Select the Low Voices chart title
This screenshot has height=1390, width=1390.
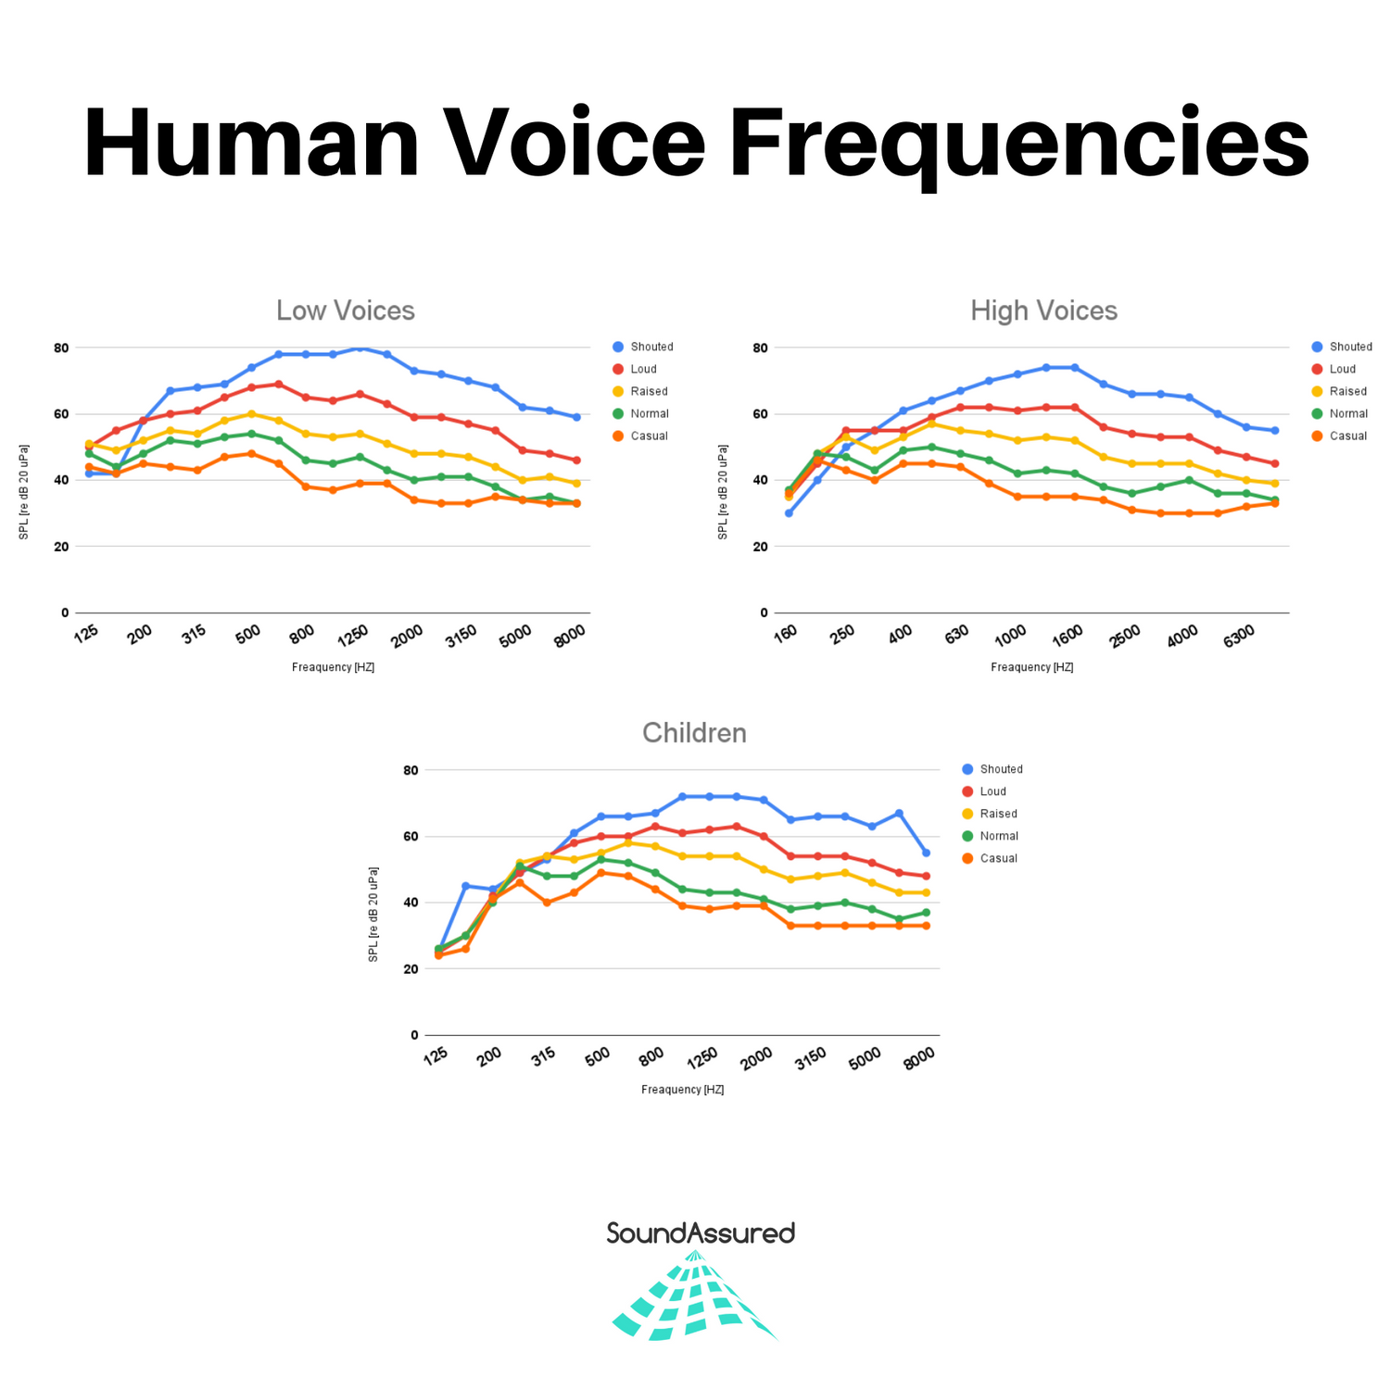pyautogui.click(x=346, y=310)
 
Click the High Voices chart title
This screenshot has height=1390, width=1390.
pyautogui.click(x=1043, y=310)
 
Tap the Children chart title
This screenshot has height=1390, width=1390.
pyautogui.click(x=694, y=733)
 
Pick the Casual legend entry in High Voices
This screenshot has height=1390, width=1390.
pyautogui.click(x=1347, y=436)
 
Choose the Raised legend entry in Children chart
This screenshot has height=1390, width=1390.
pyautogui.click(x=998, y=814)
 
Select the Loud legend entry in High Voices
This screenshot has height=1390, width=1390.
pyautogui.click(x=1342, y=369)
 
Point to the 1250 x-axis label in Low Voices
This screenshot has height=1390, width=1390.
pyautogui.click(x=353, y=635)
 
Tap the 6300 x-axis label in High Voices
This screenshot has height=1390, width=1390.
pyautogui.click(x=1238, y=636)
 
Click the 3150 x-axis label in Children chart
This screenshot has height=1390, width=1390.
pyautogui.click(x=811, y=1057)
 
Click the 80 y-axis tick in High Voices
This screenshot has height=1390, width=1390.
pyautogui.click(x=759, y=347)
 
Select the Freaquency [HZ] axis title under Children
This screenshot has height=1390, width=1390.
pyautogui.click(x=682, y=1090)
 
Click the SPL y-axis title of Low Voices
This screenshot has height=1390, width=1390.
pyautogui.click(x=24, y=490)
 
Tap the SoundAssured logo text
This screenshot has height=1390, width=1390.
pyautogui.click(x=701, y=1233)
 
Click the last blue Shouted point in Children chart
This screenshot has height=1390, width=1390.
pyautogui.click(x=926, y=853)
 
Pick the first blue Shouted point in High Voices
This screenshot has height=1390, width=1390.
pyautogui.click(x=789, y=513)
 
